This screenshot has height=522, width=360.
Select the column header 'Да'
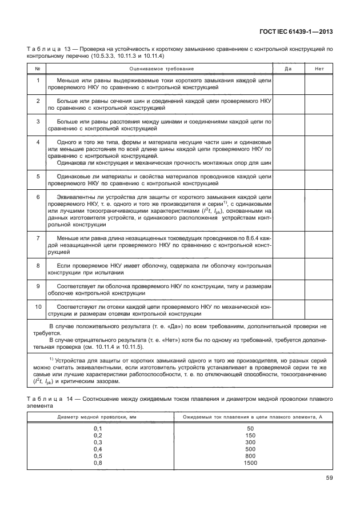[x=289, y=69]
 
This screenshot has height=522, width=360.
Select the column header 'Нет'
[x=318, y=69]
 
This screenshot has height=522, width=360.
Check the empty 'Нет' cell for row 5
[x=318, y=180]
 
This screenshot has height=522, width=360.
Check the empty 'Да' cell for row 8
[x=289, y=269]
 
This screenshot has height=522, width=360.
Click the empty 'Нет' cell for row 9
[x=318, y=289]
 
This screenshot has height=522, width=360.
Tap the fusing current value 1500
[x=250, y=463]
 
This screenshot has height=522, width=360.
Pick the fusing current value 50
[x=250, y=428]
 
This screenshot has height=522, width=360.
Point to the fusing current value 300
[x=250, y=442]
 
